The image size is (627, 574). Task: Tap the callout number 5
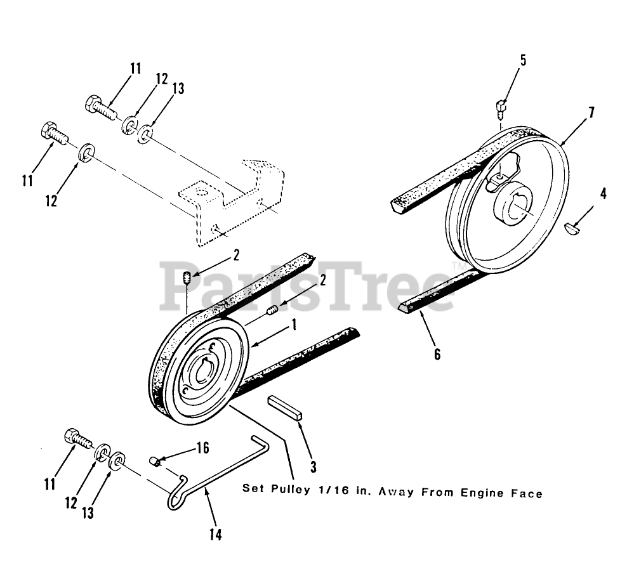(x=523, y=61)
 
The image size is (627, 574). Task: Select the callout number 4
(x=603, y=194)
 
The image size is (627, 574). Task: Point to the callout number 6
(x=437, y=354)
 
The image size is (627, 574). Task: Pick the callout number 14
(x=216, y=535)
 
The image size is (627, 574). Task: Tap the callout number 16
(x=202, y=448)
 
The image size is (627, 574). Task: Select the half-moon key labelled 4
(x=573, y=226)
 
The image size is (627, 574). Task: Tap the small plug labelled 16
(x=155, y=460)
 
